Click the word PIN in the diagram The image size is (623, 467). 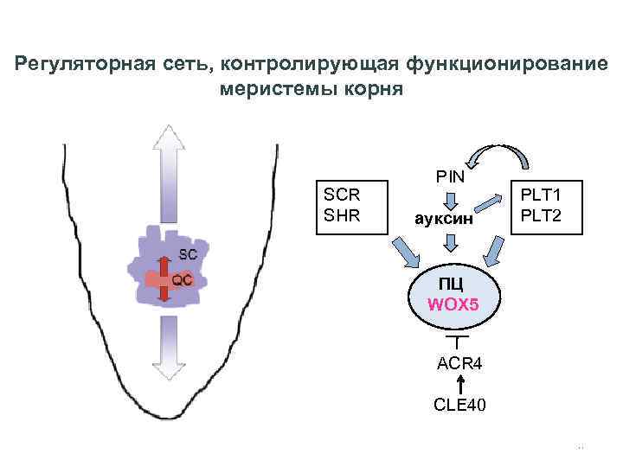point(451,176)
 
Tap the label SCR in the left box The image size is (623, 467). point(342,195)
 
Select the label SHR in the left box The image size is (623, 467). point(342,215)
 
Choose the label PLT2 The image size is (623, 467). point(541,216)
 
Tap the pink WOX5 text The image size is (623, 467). point(452,305)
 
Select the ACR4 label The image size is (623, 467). point(459,364)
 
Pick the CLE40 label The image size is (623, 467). point(460,404)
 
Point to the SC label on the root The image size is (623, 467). point(188,254)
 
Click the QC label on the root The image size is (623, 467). point(182,280)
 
